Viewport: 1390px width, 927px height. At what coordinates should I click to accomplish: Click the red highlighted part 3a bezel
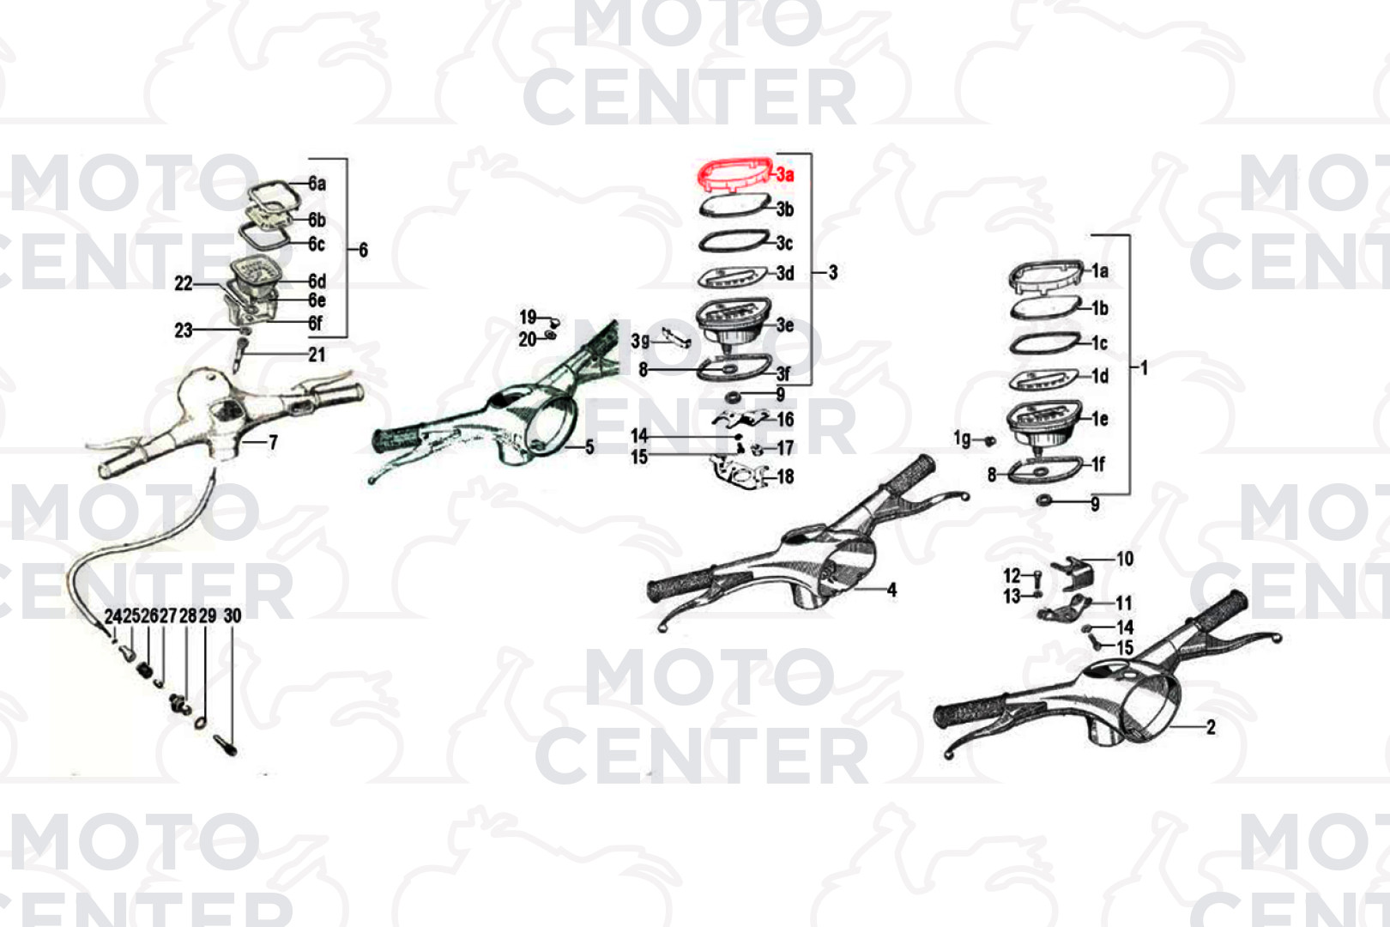tap(734, 166)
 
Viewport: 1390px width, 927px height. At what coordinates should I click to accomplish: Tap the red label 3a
tap(785, 174)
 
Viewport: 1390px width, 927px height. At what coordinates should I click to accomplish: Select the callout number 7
tap(273, 443)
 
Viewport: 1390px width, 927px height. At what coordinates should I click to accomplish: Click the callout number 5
tap(589, 447)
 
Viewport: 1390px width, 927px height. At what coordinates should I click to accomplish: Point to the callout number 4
tap(891, 590)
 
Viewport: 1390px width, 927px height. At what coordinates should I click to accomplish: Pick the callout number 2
tap(1211, 727)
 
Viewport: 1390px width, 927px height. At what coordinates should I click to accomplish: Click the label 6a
tap(317, 183)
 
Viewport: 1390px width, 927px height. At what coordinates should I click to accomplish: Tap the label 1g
tap(963, 439)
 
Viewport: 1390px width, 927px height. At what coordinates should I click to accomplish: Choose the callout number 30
tap(232, 616)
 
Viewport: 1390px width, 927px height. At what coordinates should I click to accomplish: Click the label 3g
tap(640, 341)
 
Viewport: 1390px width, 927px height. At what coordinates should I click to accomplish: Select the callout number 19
tap(528, 318)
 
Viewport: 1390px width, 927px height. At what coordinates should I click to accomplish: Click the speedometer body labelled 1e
tap(1044, 423)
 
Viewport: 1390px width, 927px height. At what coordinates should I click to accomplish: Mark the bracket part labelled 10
tap(1073, 573)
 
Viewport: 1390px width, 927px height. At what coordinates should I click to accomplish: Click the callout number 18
tap(785, 477)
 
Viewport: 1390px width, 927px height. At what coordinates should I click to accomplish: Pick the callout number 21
tap(317, 354)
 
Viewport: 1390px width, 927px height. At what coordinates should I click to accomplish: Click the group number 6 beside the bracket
tap(363, 250)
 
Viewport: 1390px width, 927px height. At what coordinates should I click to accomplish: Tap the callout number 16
tap(785, 420)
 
